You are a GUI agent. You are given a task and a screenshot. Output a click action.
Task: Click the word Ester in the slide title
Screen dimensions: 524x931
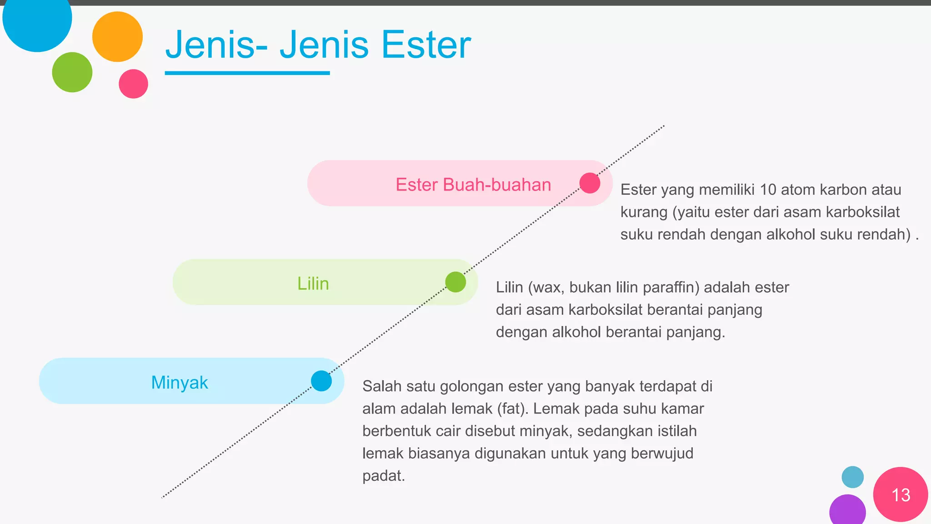pyautogui.click(x=426, y=45)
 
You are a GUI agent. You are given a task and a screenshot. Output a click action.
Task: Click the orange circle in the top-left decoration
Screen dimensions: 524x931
pyautogui.click(x=117, y=36)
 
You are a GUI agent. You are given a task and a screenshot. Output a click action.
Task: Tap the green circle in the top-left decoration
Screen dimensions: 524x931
pyautogui.click(x=72, y=72)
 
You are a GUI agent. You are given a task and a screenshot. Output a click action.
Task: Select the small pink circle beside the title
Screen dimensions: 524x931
pyautogui.click(x=133, y=84)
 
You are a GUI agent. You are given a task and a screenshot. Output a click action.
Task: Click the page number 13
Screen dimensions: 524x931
pyautogui.click(x=901, y=495)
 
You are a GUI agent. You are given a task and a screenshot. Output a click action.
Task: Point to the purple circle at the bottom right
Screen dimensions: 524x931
pyautogui.click(x=847, y=511)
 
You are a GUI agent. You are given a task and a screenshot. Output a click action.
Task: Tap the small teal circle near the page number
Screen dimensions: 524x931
pyautogui.click(x=852, y=477)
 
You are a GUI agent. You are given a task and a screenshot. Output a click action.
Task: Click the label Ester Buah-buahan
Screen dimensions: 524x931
pyautogui.click(x=473, y=185)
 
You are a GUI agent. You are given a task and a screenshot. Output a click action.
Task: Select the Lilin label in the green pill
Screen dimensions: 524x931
pyautogui.click(x=313, y=283)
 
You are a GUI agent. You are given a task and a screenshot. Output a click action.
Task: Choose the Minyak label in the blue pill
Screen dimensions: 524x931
pyautogui.click(x=180, y=383)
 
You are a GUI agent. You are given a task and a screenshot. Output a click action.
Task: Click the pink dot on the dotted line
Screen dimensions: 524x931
pyautogui.click(x=590, y=183)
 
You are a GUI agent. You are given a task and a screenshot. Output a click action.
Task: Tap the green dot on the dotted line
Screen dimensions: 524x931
pyautogui.click(x=455, y=282)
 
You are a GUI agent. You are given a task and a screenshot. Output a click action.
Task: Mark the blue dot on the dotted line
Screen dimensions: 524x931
pyautogui.click(x=321, y=381)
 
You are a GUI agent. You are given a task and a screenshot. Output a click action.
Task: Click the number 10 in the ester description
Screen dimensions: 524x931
pyautogui.click(x=768, y=190)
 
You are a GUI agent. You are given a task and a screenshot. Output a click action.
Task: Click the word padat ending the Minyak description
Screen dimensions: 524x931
pyautogui.click(x=383, y=476)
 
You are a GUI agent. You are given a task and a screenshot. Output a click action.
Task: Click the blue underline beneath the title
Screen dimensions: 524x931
pyautogui.click(x=247, y=73)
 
